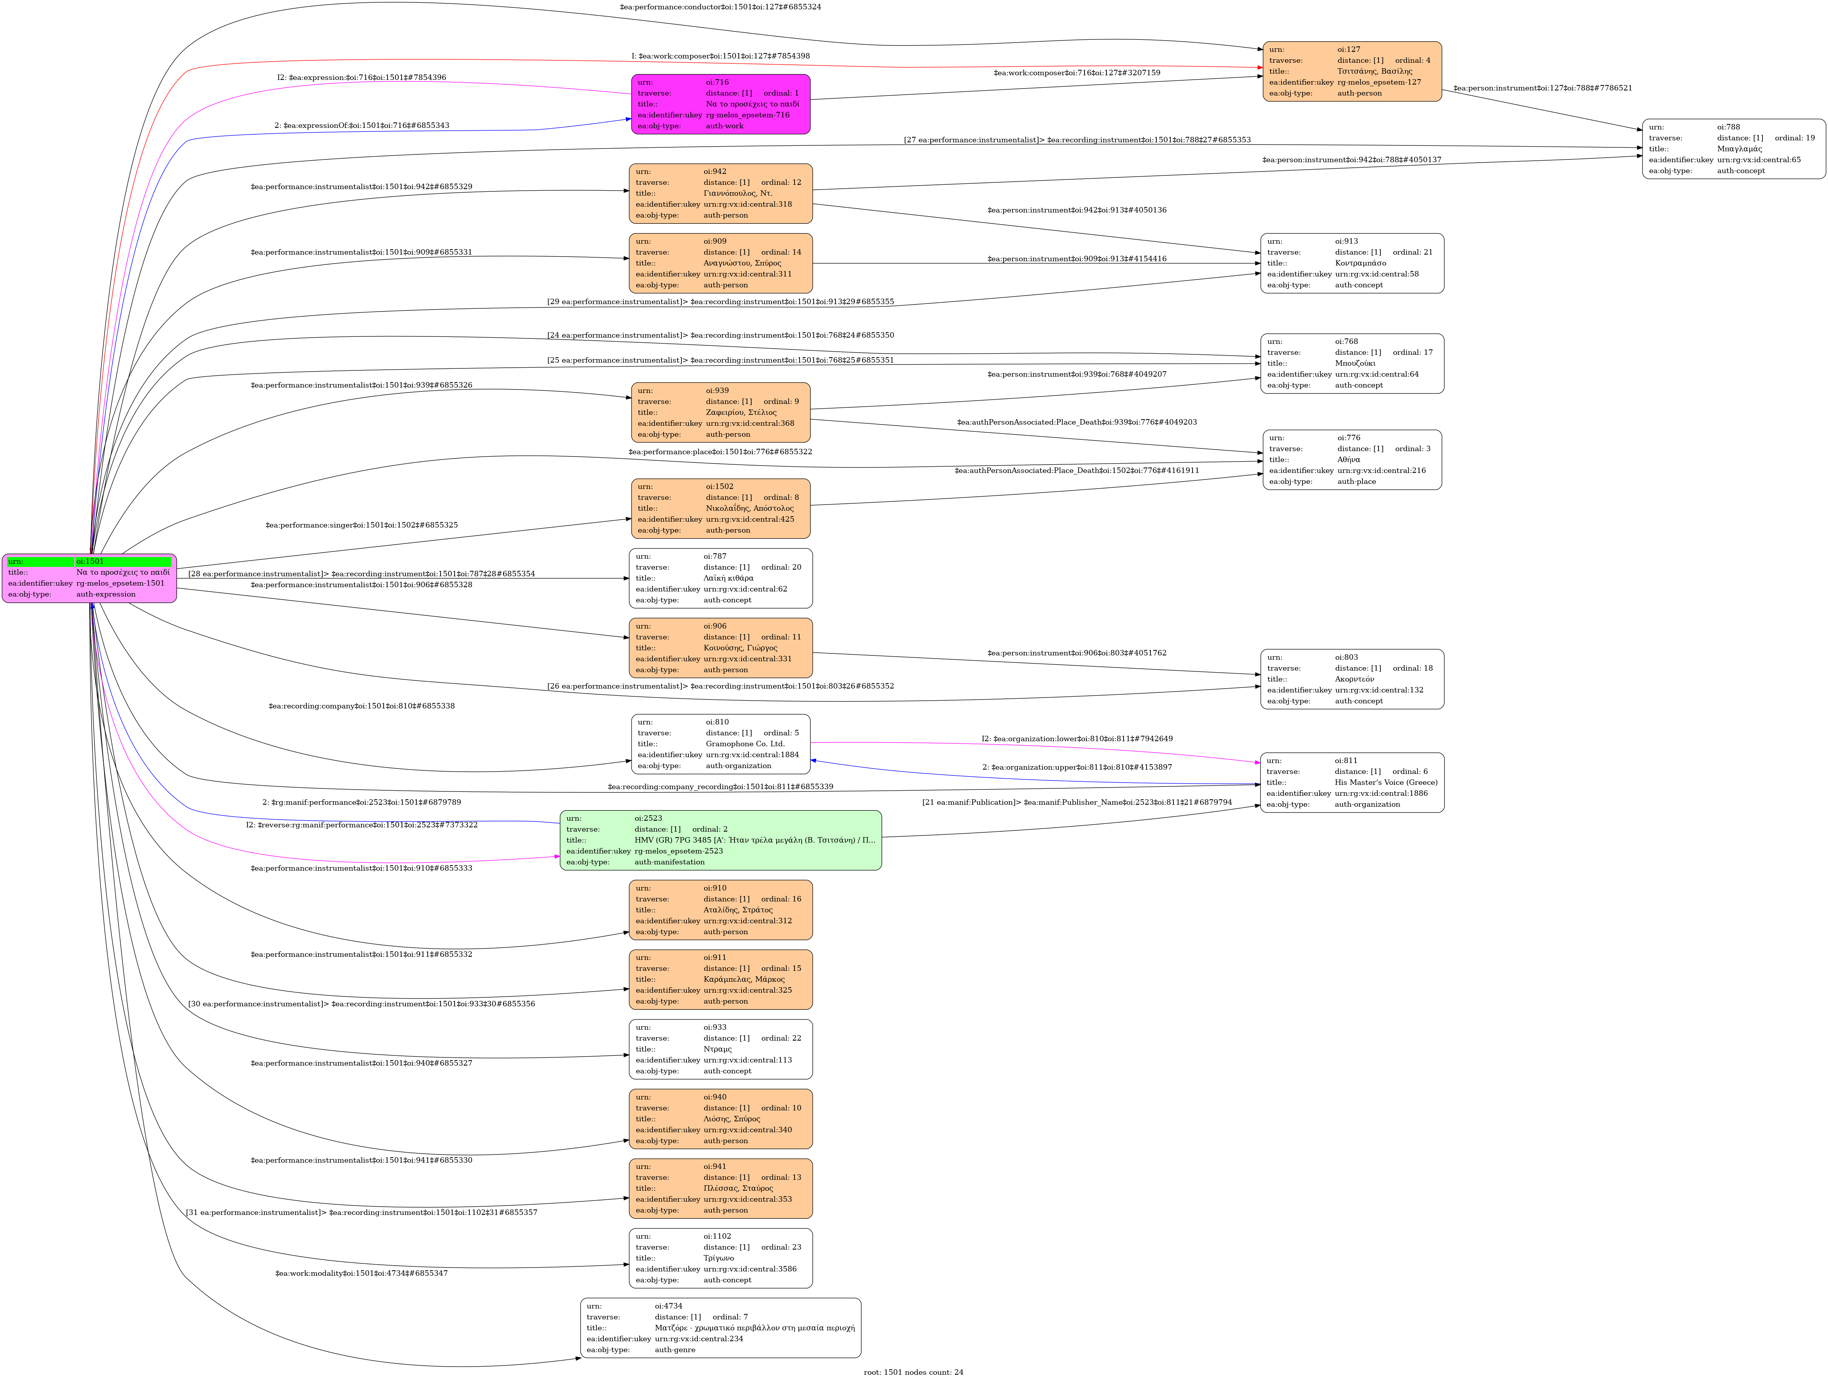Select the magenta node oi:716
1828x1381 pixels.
(720, 104)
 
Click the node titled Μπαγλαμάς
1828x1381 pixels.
(1733, 149)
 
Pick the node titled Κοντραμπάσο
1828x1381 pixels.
(1352, 263)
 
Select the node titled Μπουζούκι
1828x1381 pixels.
(1352, 364)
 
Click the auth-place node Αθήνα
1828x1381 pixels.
(1352, 460)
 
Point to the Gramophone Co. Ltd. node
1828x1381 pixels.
(720, 744)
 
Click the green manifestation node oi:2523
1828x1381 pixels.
(720, 840)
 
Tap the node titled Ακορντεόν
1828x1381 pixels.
(1352, 679)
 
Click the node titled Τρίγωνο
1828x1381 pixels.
(720, 1258)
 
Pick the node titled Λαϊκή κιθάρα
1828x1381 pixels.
(720, 579)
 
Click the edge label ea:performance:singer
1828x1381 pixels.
(361, 525)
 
